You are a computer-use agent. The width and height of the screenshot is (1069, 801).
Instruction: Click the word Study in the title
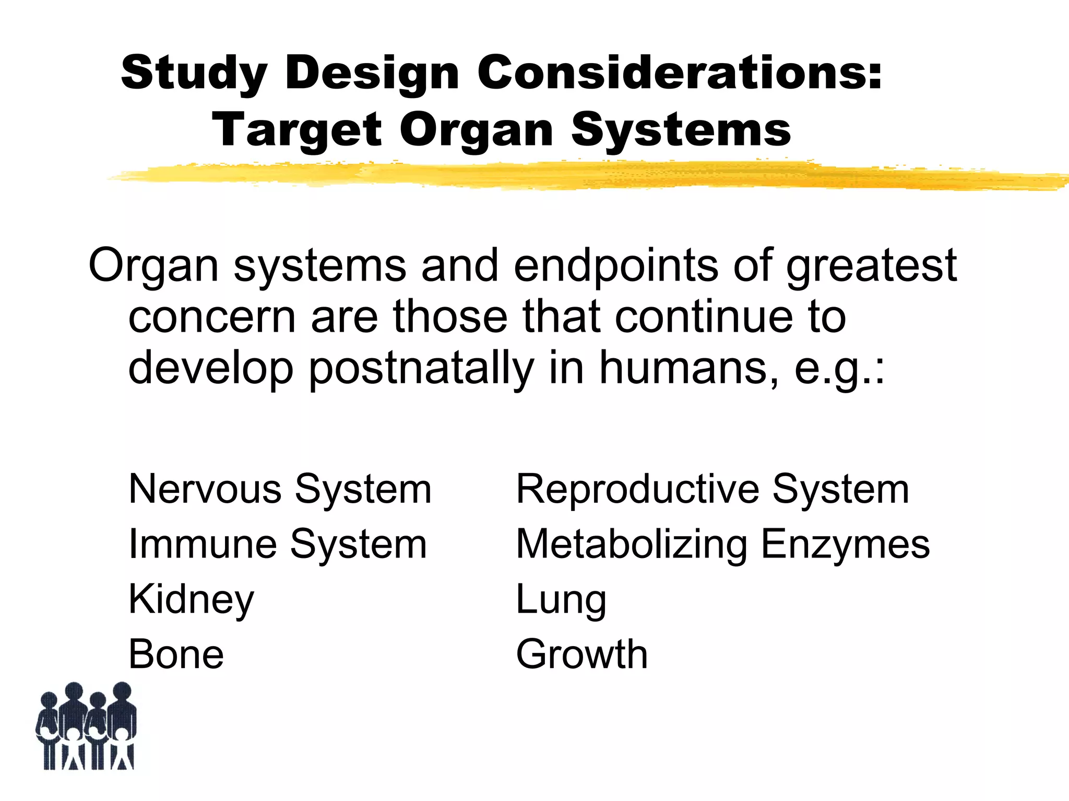pos(194,73)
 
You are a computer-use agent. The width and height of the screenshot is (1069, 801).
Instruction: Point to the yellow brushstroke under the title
pos(574,176)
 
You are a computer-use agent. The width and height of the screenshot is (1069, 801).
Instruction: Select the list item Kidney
pos(191,600)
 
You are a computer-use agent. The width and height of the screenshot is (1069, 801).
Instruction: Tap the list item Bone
pos(176,654)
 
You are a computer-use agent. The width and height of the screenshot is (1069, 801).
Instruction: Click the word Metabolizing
pos(632,544)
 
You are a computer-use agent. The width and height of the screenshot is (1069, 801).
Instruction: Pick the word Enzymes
pos(845,544)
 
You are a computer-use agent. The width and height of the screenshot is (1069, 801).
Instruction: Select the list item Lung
pos(561,600)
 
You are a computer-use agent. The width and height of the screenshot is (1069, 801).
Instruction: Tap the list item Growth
pos(581,654)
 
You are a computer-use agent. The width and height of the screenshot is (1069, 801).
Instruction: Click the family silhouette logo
pos(86,726)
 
